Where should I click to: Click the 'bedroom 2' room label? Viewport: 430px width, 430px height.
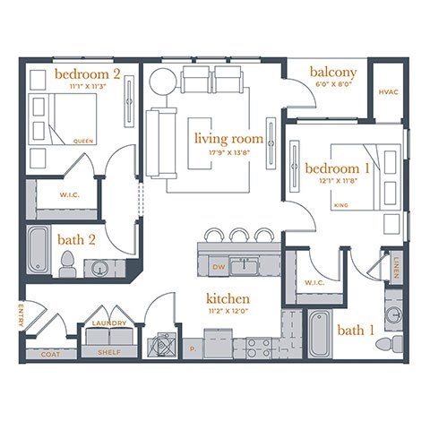click(x=87, y=72)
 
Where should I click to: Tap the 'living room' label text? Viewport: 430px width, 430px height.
click(x=229, y=139)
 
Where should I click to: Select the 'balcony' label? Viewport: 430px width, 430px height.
click(x=333, y=72)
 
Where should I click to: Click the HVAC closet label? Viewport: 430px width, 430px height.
click(x=388, y=91)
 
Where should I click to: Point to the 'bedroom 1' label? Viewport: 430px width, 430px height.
click(x=338, y=169)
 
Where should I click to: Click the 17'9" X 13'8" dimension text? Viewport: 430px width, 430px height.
click(x=230, y=152)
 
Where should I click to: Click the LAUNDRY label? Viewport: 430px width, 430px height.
click(x=111, y=323)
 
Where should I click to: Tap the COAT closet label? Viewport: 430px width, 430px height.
click(x=51, y=354)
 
